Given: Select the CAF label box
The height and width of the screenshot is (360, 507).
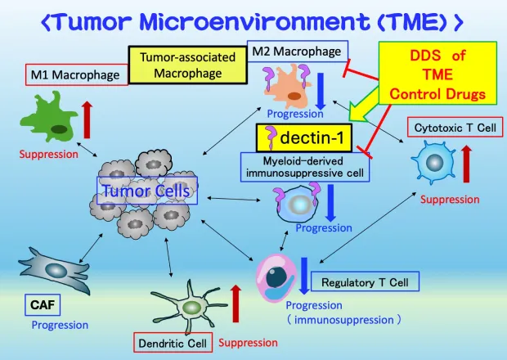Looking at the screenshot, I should click(41, 306).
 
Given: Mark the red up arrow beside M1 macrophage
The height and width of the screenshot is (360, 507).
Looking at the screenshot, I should click(88, 119).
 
